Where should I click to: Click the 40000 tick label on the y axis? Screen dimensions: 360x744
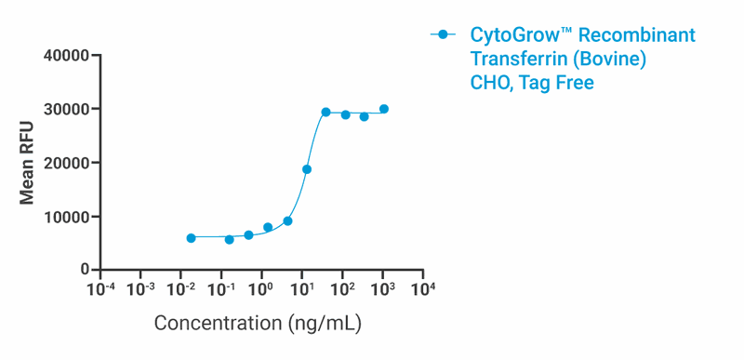pyautogui.click(x=66, y=56)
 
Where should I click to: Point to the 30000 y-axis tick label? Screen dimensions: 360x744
pyautogui.click(x=66, y=109)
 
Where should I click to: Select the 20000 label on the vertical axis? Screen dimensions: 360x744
pyautogui.click(x=66, y=163)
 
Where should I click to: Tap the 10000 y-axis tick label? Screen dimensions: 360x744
pyautogui.click(x=66, y=217)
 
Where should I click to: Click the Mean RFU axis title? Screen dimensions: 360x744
pyautogui.click(x=28, y=163)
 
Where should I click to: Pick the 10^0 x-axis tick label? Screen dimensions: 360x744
pyautogui.click(x=261, y=288)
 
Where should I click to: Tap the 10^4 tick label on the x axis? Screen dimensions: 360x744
pyautogui.click(x=423, y=288)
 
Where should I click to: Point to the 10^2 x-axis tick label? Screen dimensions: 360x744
pyautogui.click(x=342, y=288)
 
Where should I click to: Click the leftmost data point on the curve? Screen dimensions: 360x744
pyautogui.click(x=191, y=238)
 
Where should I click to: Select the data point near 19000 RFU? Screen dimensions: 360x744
pyautogui.click(x=307, y=169)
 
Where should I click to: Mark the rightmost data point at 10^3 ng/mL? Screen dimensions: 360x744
pyautogui.click(x=384, y=109)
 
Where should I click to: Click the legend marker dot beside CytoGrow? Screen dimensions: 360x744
pyautogui.click(x=444, y=35)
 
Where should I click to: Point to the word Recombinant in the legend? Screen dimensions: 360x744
pyautogui.click(x=642, y=36)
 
